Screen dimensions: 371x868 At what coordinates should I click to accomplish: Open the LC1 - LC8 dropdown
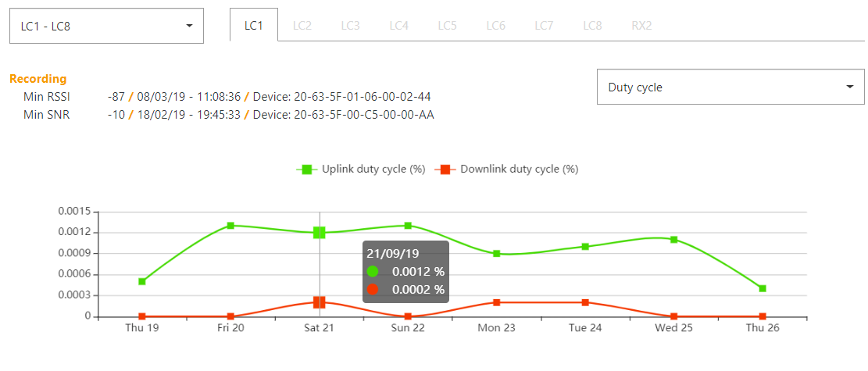click(x=106, y=27)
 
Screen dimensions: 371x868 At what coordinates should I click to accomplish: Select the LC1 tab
click(x=254, y=26)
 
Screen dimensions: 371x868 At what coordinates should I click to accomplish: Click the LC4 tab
click(x=399, y=26)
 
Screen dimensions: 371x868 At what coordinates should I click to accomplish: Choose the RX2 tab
click(x=641, y=26)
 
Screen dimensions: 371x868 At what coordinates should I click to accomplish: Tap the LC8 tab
click(x=592, y=26)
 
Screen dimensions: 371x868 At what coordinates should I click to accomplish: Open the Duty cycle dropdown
click(x=730, y=87)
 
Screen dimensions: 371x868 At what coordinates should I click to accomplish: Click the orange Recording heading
click(x=38, y=79)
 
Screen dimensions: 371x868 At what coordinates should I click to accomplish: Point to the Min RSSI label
click(x=46, y=97)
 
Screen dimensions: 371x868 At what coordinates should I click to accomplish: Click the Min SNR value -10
click(x=116, y=115)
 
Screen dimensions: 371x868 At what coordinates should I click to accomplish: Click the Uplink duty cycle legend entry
click(x=361, y=169)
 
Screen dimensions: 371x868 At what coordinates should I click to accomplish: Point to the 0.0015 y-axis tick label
click(x=74, y=212)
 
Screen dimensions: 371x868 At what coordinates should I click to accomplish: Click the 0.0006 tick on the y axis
click(x=74, y=274)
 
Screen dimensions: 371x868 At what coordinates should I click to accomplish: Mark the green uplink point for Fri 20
click(x=230, y=226)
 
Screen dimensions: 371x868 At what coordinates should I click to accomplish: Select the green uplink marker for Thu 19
click(x=142, y=281)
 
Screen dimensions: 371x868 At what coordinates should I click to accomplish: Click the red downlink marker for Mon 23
click(x=496, y=302)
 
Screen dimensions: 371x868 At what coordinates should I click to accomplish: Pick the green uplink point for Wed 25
click(x=673, y=240)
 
